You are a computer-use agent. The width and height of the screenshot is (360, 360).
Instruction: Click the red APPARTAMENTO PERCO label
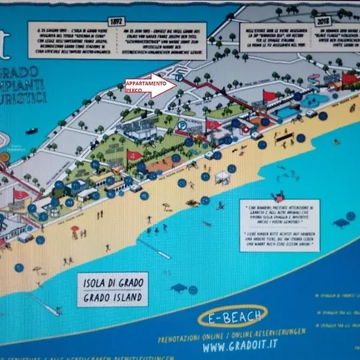click(146, 86)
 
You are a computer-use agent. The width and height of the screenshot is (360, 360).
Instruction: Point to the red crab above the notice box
click(278, 195)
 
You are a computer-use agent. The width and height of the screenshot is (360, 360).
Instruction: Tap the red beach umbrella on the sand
click(75, 230)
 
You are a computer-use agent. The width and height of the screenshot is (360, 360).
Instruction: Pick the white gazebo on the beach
click(222, 178)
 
